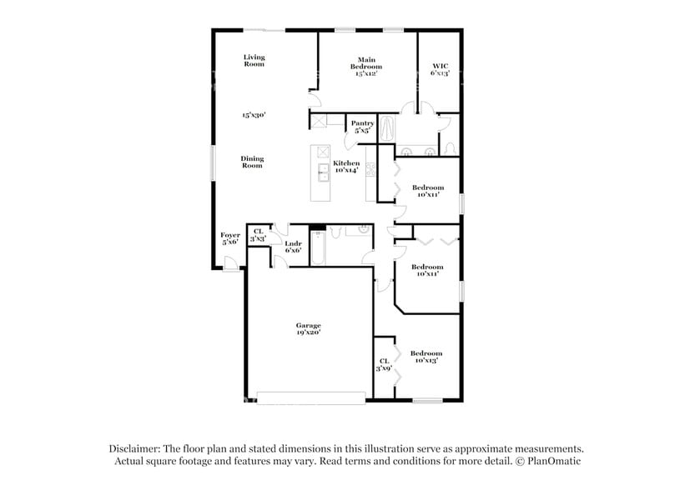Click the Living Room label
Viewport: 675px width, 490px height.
[x=254, y=61]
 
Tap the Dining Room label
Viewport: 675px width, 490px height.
[x=252, y=162]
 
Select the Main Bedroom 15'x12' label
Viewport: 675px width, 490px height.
[x=367, y=67]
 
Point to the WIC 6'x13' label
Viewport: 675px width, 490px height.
[x=440, y=69]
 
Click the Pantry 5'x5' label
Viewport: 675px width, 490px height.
[x=362, y=127]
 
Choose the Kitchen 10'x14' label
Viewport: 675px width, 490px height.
[x=346, y=167]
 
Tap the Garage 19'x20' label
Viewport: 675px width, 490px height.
[x=308, y=328]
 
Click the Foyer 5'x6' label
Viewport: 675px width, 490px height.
[x=230, y=238]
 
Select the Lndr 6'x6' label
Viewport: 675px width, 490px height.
[x=293, y=247]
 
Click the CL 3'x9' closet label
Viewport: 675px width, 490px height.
[x=384, y=364]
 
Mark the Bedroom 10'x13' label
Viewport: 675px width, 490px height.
[x=426, y=357]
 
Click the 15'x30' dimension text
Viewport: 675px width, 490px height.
[x=254, y=115]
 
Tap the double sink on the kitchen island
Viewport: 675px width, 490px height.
[x=322, y=172]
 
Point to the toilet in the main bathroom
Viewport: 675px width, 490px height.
[x=450, y=147]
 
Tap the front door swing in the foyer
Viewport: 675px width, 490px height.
[x=229, y=263]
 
